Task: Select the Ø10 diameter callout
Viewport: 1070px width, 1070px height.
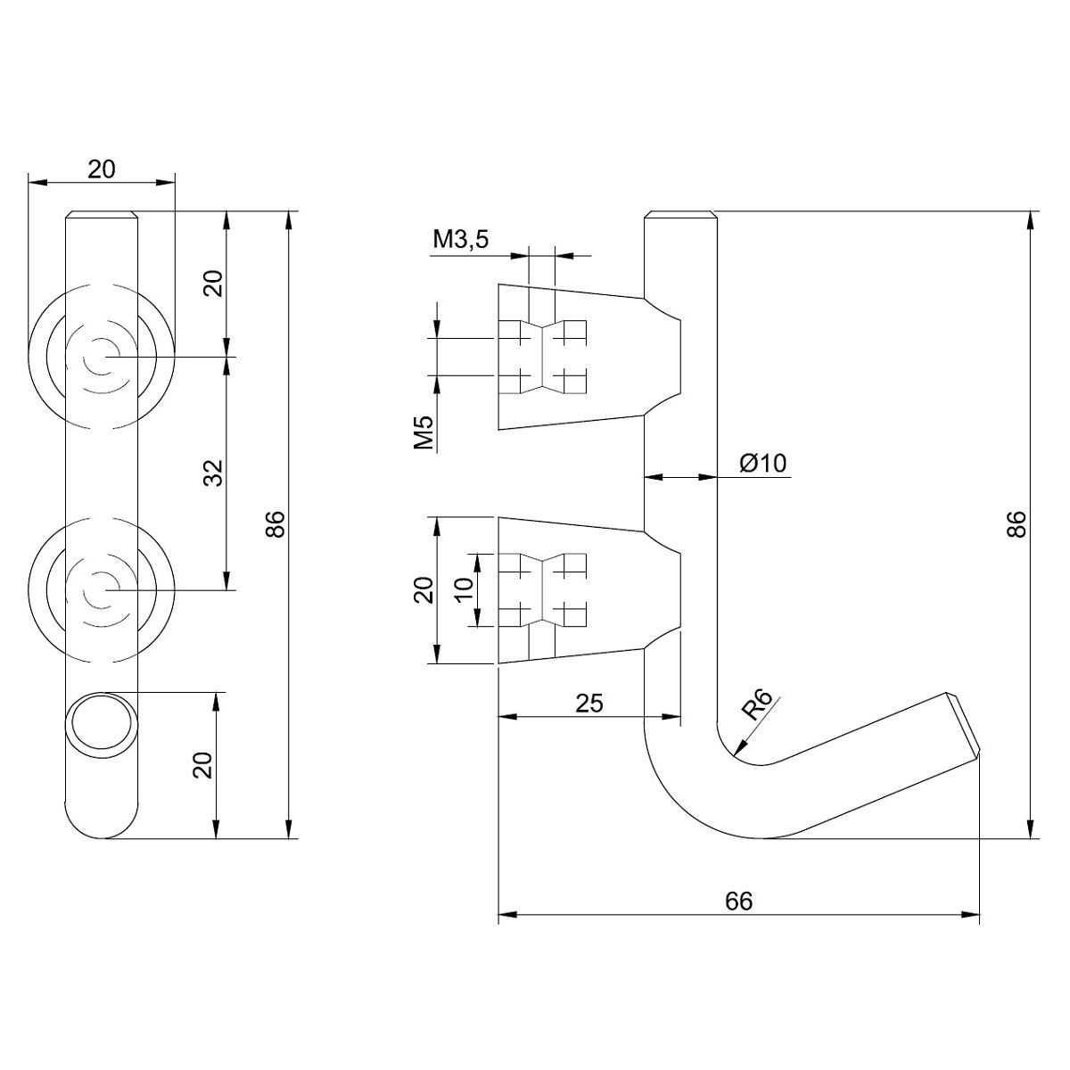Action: tap(762, 463)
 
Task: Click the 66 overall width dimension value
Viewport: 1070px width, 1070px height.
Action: tap(738, 901)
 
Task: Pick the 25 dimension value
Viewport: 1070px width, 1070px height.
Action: tap(588, 704)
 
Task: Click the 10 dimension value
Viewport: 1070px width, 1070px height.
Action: tap(463, 589)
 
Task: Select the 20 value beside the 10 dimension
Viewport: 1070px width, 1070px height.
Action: tap(424, 589)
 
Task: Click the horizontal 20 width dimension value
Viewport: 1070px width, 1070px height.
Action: tap(102, 169)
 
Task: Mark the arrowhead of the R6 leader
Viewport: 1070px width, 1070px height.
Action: tap(735, 751)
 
